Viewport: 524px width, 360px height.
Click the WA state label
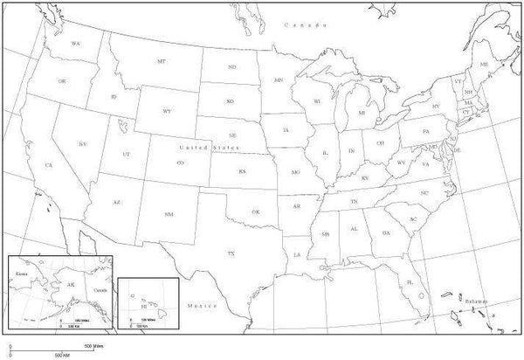click(x=75, y=43)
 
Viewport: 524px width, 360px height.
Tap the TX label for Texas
click(x=231, y=253)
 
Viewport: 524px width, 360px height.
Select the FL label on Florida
click(x=409, y=283)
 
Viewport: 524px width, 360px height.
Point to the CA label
click(x=49, y=165)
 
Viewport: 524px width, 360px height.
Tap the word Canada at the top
click(x=299, y=26)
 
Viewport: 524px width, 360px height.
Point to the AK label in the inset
click(x=72, y=285)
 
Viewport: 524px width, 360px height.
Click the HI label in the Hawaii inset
click(x=146, y=307)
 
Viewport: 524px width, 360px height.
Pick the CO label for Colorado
click(x=180, y=163)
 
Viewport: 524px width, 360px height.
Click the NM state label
click(x=169, y=213)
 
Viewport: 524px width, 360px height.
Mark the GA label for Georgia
click(x=385, y=232)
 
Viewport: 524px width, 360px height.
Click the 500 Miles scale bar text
click(x=93, y=347)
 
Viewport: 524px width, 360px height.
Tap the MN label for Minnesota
click(x=279, y=80)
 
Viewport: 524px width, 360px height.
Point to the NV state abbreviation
click(x=82, y=143)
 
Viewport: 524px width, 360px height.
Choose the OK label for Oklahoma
click(x=256, y=211)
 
